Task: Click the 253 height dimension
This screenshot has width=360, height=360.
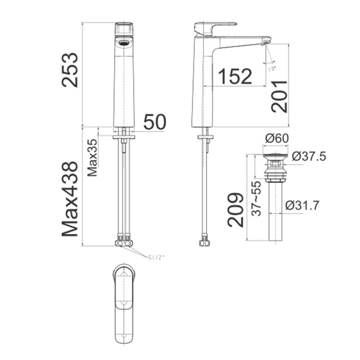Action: (70, 70)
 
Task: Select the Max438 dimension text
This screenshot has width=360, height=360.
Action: (70, 199)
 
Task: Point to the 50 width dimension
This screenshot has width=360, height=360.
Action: (155, 122)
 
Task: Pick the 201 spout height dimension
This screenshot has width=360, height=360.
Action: (280, 96)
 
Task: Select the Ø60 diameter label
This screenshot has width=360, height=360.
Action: (277, 139)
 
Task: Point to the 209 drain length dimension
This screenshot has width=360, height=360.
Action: (236, 210)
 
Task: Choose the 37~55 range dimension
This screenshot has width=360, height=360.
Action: (256, 198)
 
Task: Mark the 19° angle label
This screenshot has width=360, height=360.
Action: (271, 68)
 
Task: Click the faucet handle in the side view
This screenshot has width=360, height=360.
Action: (215, 26)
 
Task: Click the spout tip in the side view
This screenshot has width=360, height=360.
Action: (266, 43)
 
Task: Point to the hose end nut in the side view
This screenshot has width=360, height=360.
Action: (204, 243)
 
